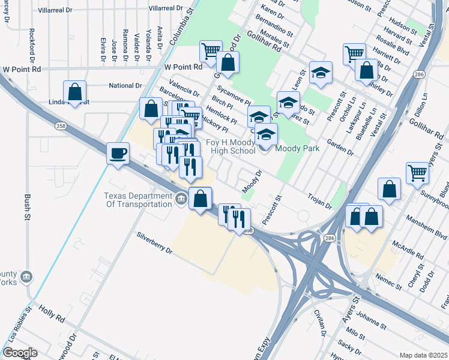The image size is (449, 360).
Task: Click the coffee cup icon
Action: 118,153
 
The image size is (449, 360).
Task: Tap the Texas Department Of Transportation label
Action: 138,200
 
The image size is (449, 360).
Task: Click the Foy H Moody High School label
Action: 231,146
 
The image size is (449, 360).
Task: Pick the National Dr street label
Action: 125,86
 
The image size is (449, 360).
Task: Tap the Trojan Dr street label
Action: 319,201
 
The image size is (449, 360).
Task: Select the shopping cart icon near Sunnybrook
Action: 417,173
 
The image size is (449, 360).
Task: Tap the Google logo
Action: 20,353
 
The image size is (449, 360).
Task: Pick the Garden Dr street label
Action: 340,149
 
